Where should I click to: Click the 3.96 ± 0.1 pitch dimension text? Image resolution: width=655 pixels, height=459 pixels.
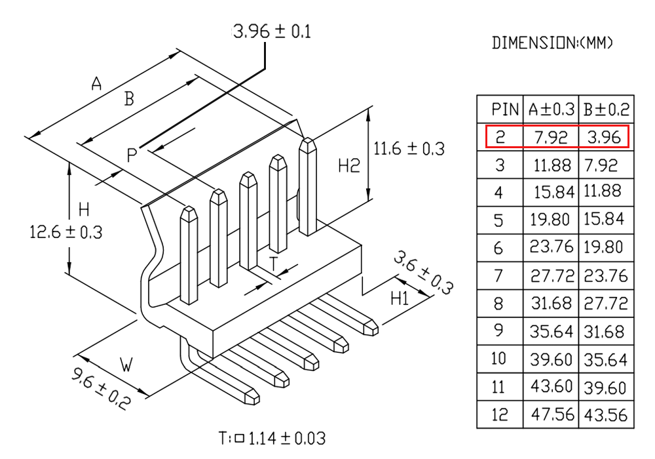point(272,31)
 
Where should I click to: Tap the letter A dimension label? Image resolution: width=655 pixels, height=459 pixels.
point(96,84)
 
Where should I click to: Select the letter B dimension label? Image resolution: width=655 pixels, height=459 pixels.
point(129,98)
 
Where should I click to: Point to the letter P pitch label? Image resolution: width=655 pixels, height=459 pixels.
point(132,155)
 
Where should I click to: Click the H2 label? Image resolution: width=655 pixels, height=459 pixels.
point(349,166)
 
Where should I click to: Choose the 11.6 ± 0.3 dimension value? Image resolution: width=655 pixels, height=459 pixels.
point(409,149)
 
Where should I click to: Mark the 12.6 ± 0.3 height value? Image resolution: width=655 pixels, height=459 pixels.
point(66,232)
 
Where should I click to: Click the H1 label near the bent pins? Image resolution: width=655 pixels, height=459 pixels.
point(400,298)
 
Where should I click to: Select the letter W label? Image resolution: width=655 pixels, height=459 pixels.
point(126,365)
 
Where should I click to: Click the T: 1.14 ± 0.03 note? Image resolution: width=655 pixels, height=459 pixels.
point(272,438)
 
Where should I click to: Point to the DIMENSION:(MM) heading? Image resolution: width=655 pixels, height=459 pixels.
point(552,43)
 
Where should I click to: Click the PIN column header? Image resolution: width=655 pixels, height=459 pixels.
point(505,110)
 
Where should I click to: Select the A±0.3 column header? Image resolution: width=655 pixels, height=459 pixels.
point(552,110)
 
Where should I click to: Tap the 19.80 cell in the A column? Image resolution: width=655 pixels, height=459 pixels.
point(550,220)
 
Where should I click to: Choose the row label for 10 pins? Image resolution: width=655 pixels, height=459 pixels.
point(498,359)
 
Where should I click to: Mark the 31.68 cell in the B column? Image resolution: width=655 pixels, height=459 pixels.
point(605,332)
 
